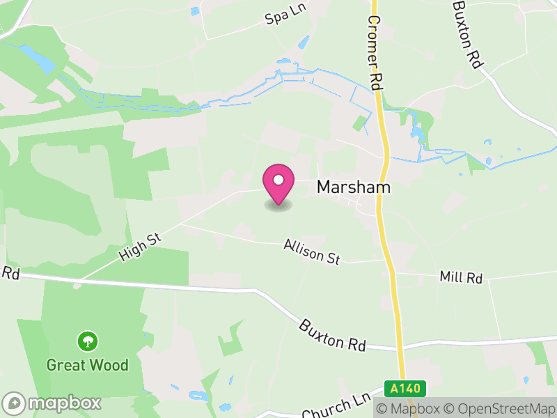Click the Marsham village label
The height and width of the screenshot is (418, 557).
click(x=354, y=187)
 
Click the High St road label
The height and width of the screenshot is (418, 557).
click(x=140, y=247)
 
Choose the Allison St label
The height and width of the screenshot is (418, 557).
click(x=312, y=252)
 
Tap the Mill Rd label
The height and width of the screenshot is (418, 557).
click(x=461, y=277)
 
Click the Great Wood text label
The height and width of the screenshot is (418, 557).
click(x=88, y=365)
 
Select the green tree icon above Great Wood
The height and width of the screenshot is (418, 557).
click(x=88, y=341)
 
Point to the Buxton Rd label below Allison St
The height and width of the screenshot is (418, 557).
click(x=334, y=334)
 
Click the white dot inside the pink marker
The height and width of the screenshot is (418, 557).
click(x=278, y=180)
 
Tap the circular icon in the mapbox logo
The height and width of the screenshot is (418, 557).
click(x=15, y=403)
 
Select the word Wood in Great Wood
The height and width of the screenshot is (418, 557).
click(x=112, y=365)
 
